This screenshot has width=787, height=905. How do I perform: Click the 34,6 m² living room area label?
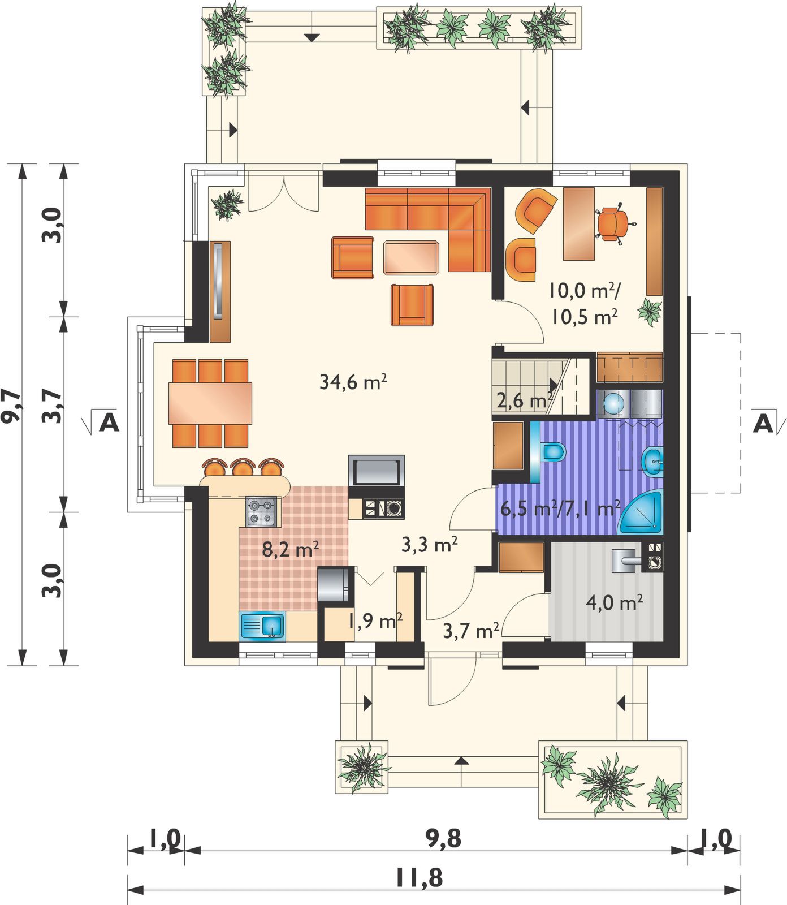(x=353, y=382)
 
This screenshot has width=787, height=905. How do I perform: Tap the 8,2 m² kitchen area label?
(x=291, y=549)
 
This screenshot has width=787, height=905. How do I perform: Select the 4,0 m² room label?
(x=614, y=602)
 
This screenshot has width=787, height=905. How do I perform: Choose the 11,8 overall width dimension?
(x=419, y=878)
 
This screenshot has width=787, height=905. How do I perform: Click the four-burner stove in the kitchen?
(x=261, y=511)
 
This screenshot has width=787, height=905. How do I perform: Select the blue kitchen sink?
(x=264, y=626)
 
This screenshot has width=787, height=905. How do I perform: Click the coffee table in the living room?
(x=411, y=257)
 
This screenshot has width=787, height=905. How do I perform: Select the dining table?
(x=210, y=403)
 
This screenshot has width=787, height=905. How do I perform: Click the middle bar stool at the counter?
(x=243, y=468)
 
